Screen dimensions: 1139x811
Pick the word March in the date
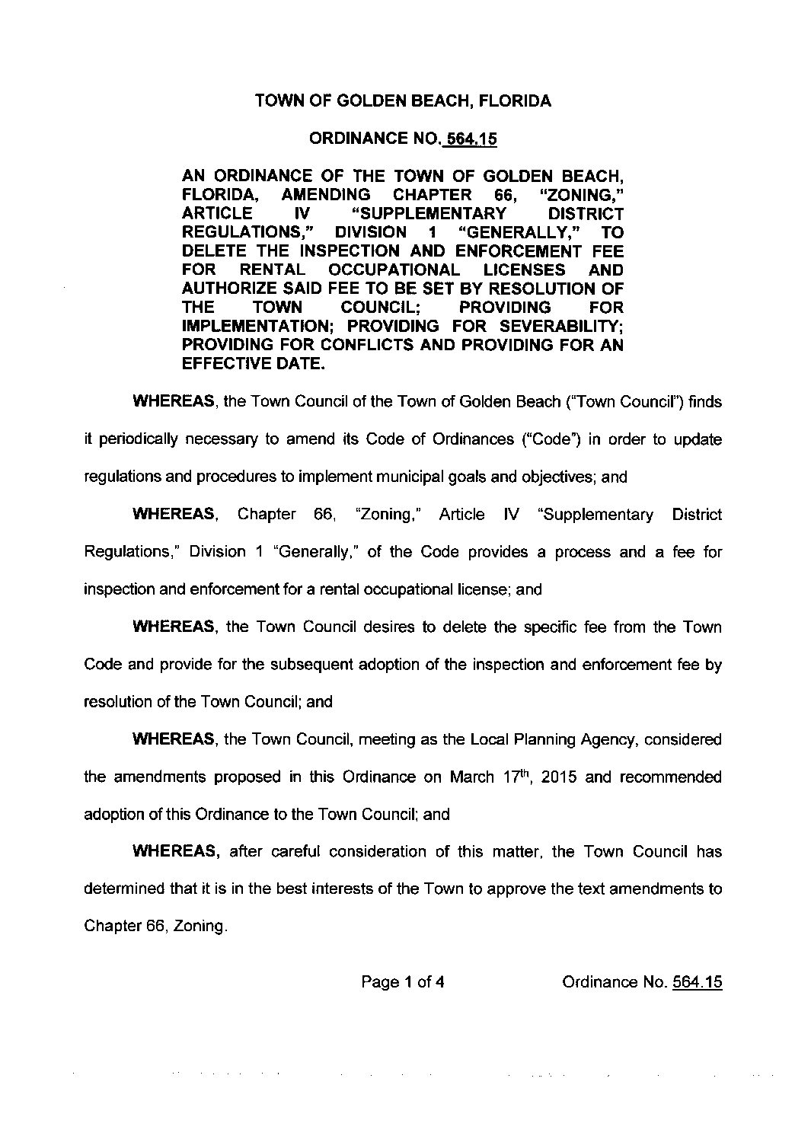click(x=474, y=777)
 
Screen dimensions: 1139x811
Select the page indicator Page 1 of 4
click(x=403, y=982)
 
